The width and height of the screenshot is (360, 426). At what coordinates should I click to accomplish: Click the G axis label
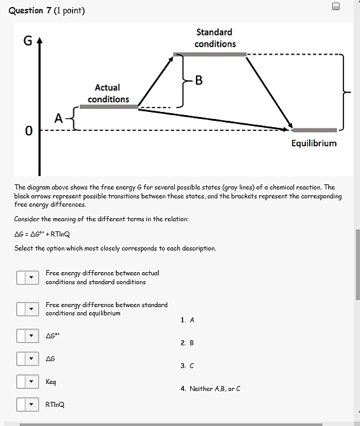coord(27,41)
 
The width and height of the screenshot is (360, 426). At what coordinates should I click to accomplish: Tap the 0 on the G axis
coord(27,130)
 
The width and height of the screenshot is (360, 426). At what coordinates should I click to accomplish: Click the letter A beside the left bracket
coord(59,118)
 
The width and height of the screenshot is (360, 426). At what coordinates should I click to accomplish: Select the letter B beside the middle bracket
coord(198,80)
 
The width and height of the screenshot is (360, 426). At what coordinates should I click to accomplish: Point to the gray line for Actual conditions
coord(109,107)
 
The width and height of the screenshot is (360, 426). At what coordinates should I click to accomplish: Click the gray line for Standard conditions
coord(210,55)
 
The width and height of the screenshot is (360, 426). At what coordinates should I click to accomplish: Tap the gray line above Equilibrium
coord(315,130)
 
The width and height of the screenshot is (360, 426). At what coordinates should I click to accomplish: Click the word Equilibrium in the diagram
coord(314,143)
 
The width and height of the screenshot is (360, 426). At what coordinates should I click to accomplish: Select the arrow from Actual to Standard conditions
coord(156,81)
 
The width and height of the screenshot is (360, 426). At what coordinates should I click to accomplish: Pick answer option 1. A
coord(187,320)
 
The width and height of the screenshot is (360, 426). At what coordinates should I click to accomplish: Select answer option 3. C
coord(187,366)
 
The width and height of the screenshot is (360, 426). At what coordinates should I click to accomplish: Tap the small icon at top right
coord(335,6)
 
